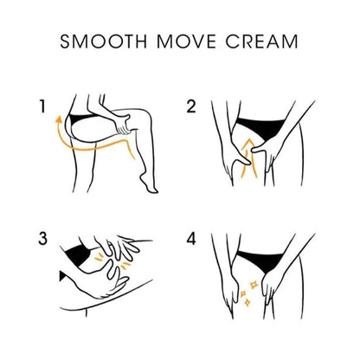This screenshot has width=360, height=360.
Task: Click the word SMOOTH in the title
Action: point(103,42)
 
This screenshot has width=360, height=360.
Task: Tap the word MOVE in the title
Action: point(186,42)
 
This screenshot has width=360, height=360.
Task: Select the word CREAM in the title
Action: point(261,42)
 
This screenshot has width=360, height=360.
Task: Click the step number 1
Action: point(42,106)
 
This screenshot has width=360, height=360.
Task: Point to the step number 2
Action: point(191,106)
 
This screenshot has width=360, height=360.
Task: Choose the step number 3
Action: point(42,239)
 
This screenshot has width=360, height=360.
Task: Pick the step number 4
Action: point(191,239)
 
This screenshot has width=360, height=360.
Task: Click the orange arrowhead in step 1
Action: point(59,119)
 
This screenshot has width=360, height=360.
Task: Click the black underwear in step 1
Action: point(80,118)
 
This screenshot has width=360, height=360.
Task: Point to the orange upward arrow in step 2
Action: point(247,157)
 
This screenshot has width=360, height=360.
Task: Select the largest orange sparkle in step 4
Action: point(254,285)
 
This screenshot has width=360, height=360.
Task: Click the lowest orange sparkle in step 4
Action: point(247,302)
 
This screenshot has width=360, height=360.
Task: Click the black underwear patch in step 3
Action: point(75,254)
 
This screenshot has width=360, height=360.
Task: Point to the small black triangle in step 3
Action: point(61,276)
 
